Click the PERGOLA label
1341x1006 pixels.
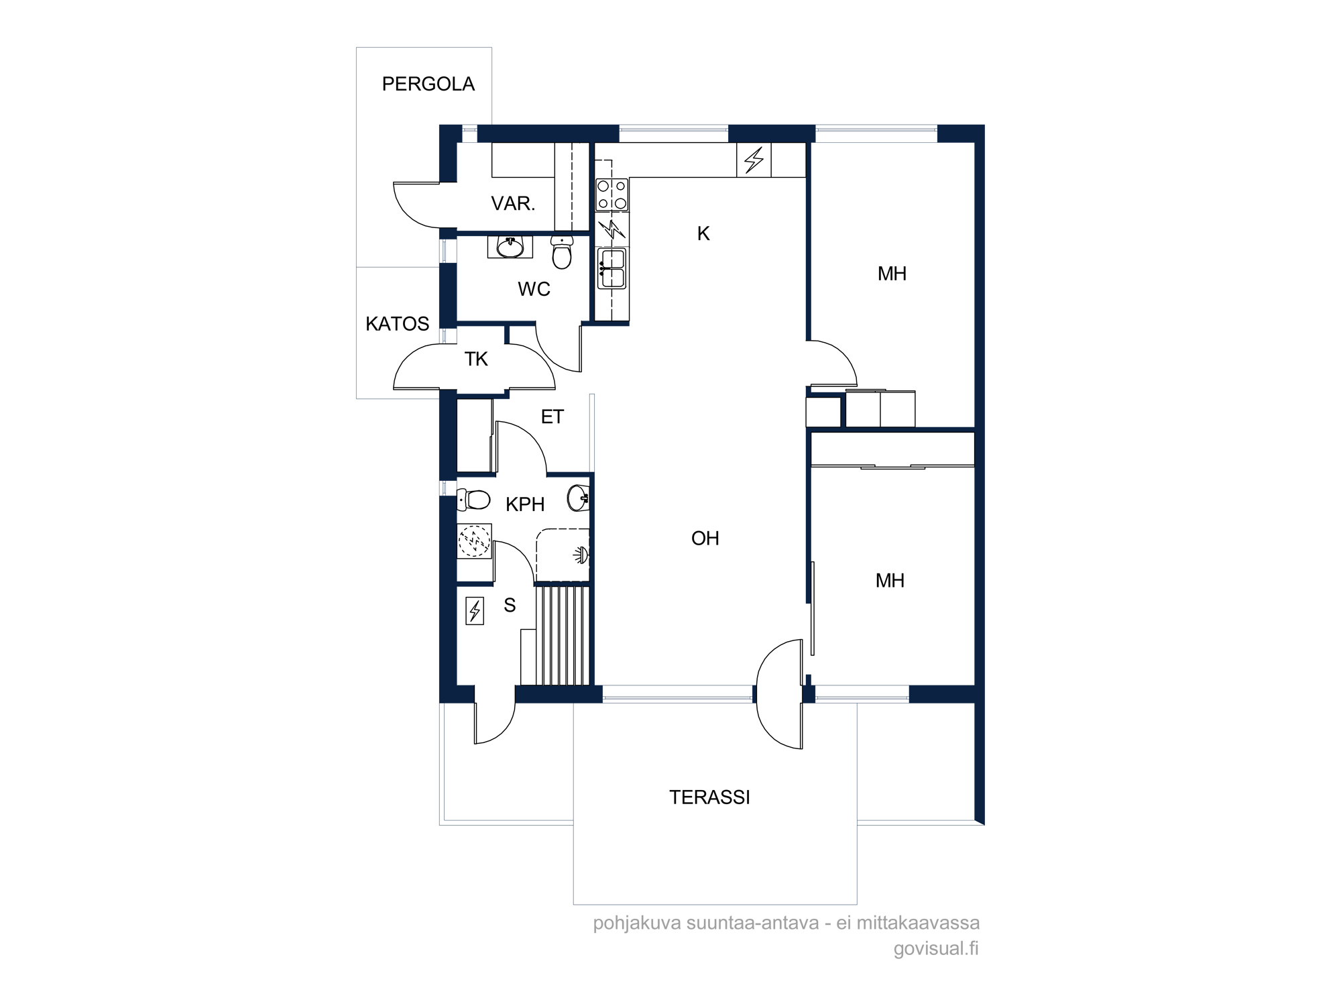tap(428, 84)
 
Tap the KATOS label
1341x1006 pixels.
tap(397, 324)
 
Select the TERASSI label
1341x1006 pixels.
tap(709, 797)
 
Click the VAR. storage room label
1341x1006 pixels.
tap(513, 203)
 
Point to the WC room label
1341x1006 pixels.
tap(534, 289)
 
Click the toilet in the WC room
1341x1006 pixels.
tap(562, 251)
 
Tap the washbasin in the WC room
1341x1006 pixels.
tap(510, 247)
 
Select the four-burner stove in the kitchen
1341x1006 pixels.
tap(612, 194)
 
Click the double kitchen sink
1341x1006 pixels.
tap(611, 268)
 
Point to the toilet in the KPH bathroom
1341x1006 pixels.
tap(473, 500)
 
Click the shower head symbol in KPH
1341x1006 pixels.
tap(581, 555)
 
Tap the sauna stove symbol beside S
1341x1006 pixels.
tap(475, 611)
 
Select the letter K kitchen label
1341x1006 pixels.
tap(703, 233)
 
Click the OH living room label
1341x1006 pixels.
tap(705, 538)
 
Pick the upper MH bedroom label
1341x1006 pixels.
tap(892, 274)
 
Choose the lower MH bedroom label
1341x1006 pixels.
tap(890, 580)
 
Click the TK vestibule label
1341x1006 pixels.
tap(476, 359)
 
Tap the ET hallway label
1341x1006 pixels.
tap(552, 417)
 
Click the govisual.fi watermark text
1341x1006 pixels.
tap(936, 948)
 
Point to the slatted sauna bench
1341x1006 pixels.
tap(563, 635)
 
